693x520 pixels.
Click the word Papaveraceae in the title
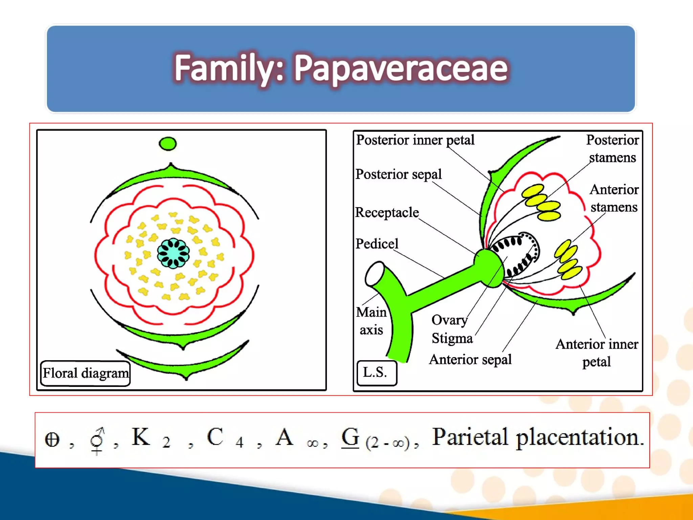pyautogui.click(x=401, y=69)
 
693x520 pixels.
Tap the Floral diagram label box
pyautogui.click(x=85, y=373)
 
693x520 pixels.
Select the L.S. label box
pyautogui.click(x=376, y=373)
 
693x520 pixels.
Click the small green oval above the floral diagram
pyautogui.click(x=167, y=144)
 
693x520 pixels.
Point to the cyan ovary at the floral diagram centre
pyautogui.click(x=173, y=253)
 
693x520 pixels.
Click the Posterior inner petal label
pyautogui.click(x=415, y=140)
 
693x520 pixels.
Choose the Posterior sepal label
pyautogui.click(x=398, y=174)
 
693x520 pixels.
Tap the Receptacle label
pyautogui.click(x=387, y=213)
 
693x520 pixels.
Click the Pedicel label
pyautogui.click(x=377, y=244)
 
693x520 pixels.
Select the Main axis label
pyautogui.click(x=371, y=321)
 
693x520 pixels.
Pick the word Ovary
pyautogui.click(x=449, y=320)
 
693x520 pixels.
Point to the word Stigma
pyautogui.click(x=452, y=338)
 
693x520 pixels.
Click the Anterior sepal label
pyautogui.click(x=470, y=360)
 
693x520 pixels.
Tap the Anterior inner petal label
pyautogui.click(x=597, y=353)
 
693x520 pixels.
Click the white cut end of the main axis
pyautogui.click(x=374, y=274)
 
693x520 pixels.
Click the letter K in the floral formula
pyautogui.click(x=140, y=437)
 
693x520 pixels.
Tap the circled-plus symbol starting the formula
pyautogui.click(x=52, y=440)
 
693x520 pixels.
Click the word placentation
pyautogui.click(x=579, y=437)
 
